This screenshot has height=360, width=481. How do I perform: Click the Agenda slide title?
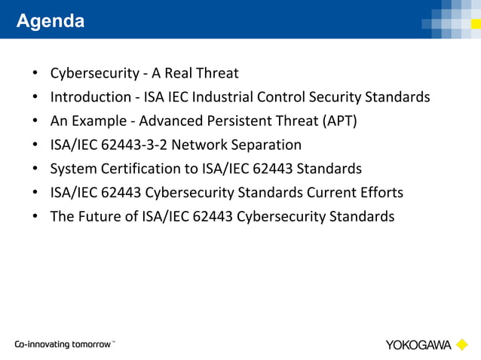click(x=51, y=21)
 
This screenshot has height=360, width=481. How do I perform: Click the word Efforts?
click(x=381, y=193)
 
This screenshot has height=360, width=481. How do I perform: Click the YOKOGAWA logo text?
click(x=418, y=345)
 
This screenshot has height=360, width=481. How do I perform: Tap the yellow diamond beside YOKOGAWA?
click(x=462, y=345)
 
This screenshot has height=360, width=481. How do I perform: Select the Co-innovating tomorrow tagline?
click(x=65, y=345)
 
